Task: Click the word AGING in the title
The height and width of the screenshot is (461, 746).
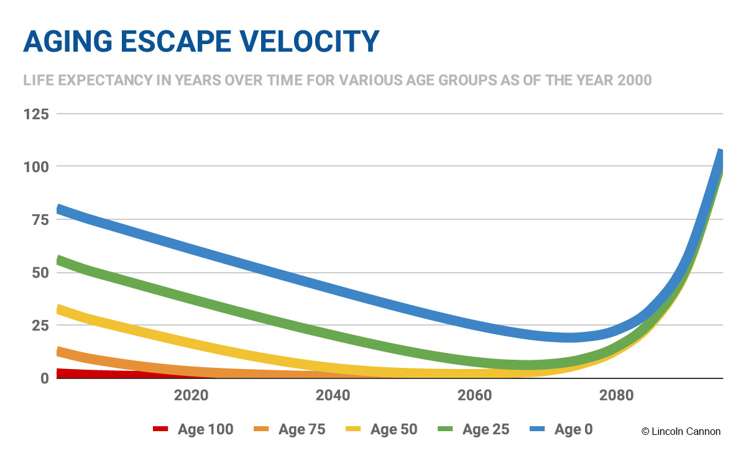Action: (68, 42)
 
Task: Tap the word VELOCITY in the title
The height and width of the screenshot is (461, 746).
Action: (310, 42)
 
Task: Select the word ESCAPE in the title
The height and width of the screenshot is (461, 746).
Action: (176, 42)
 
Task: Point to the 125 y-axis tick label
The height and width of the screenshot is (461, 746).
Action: (36, 114)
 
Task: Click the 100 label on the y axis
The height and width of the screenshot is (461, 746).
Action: (36, 167)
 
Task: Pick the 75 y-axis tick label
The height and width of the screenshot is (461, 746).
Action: (40, 220)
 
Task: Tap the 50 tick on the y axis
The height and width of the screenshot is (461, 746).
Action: (40, 273)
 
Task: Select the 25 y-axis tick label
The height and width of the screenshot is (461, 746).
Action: (40, 325)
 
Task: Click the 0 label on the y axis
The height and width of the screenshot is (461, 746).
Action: (45, 378)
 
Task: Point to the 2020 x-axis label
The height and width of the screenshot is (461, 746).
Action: (191, 395)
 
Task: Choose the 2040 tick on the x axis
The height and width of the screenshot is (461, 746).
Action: (333, 395)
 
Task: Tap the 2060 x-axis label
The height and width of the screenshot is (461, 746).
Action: (474, 395)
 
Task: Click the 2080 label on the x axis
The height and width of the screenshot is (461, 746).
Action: (617, 395)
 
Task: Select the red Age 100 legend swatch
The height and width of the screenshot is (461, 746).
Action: (160, 429)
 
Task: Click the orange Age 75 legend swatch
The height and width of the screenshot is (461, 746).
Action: (261, 429)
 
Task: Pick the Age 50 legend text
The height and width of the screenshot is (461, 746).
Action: (394, 429)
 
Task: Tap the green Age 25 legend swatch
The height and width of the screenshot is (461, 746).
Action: (445, 429)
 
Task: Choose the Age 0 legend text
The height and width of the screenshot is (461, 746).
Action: (573, 429)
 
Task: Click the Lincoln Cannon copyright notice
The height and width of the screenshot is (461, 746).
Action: (681, 431)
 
